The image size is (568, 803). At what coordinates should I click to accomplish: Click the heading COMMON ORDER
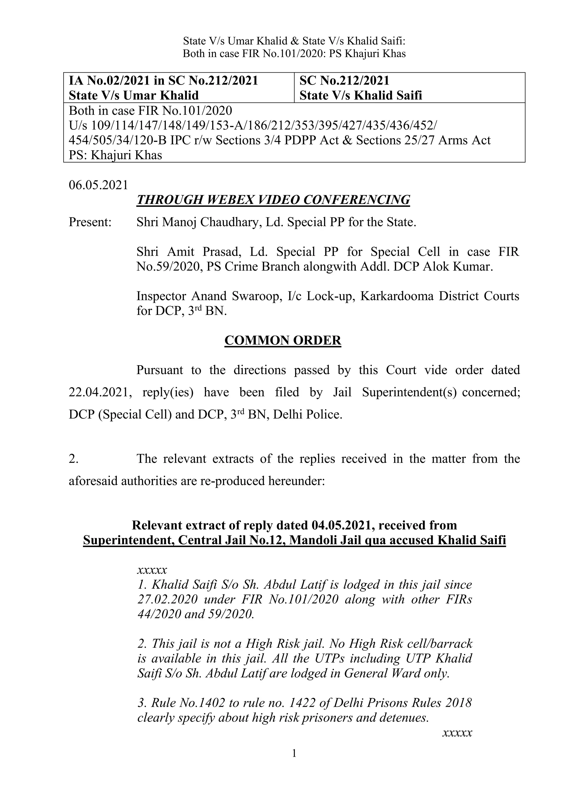(283, 340)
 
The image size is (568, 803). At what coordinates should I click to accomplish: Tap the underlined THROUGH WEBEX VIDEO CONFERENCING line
(273, 200)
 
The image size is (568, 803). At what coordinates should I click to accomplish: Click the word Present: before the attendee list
(90, 222)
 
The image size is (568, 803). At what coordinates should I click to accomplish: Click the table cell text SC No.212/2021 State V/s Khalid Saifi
(360, 88)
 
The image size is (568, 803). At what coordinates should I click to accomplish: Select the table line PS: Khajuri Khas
(115, 155)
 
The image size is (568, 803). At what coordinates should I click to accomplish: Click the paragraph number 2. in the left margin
(73, 459)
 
